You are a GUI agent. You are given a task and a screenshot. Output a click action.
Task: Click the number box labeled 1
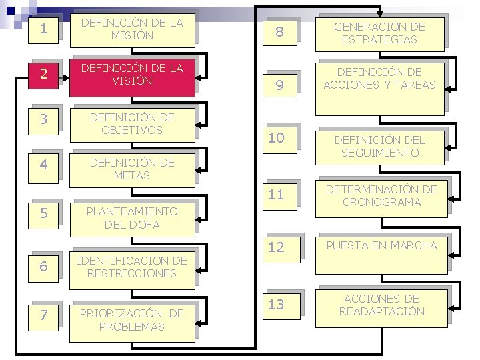pos(44,30)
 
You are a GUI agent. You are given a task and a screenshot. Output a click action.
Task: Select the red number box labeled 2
pos(44,74)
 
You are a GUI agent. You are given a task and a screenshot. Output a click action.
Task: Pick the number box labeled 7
pos(44,315)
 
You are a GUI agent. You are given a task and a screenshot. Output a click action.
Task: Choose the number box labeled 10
pos(277,139)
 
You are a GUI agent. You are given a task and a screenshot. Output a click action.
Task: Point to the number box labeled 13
pos(277,305)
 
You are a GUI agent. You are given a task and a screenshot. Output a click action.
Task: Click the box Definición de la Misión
pos(131,29)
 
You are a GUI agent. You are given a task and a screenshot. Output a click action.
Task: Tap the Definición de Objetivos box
pos(131,124)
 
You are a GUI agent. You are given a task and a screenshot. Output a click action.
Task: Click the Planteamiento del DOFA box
pos(131,217)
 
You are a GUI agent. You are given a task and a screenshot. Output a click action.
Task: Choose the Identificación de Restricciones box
pos(131,267)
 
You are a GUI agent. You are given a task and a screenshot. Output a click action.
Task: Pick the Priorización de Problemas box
pos(131,320)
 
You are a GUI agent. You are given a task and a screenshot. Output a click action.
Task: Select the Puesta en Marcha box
pos(381,245)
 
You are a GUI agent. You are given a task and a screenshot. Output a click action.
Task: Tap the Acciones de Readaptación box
pos(381,305)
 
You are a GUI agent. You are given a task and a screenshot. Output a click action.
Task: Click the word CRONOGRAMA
pos(381,202)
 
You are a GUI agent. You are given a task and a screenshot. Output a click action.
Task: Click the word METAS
pos(131,176)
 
